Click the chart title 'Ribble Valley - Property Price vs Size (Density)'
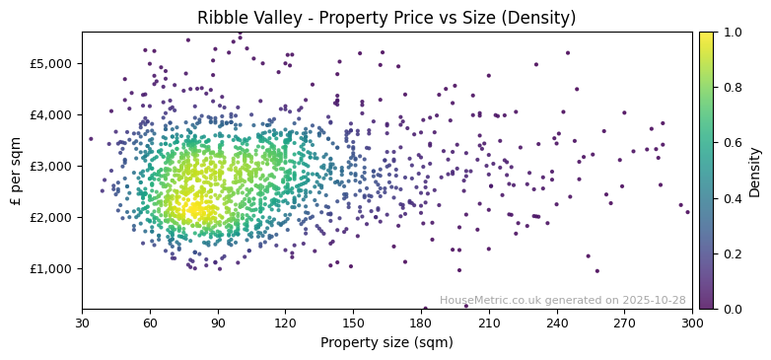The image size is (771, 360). click(x=386, y=18)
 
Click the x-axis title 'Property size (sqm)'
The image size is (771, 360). click(x=386, y=342)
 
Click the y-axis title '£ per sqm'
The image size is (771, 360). click(x=16, y=171)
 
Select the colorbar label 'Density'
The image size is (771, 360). click(x=754, y=171)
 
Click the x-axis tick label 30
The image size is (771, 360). click(x=82, y=323)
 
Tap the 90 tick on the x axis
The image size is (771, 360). click(x=218, y=323)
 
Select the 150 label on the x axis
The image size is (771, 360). click(x=353, y=323)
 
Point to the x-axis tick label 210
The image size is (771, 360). click(x=489, y=323)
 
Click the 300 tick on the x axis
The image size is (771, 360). click(x=692, y=323)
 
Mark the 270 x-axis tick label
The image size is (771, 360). click(x=624, y=323)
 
